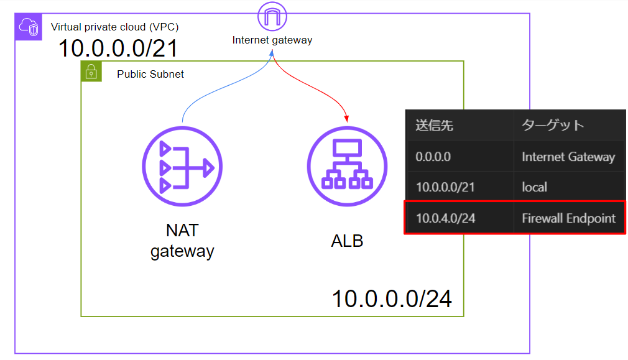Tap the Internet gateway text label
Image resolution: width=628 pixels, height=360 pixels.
point(272,40)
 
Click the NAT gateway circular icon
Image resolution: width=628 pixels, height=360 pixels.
point(182,167)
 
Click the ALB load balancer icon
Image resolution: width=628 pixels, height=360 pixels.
point(347,167)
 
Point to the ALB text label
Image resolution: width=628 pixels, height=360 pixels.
point(347,241)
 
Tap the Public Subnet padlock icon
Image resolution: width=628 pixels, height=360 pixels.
point(91,72)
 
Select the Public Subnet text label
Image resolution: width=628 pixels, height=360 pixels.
point(150,75)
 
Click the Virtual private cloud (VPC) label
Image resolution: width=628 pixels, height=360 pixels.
point(115,27)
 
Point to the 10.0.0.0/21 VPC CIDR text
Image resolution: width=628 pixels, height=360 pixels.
point(118,48)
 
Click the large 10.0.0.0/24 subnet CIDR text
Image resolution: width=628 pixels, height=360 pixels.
point(392,299)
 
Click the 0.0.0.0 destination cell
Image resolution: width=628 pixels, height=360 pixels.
point(433,157)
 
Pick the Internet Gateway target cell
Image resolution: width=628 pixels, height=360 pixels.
point(568,157)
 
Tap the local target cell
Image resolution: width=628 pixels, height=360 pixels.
point(535,187)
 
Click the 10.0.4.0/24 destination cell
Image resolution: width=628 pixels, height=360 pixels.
point(446,218)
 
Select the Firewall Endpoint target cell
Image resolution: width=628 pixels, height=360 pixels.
point(568,218)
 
